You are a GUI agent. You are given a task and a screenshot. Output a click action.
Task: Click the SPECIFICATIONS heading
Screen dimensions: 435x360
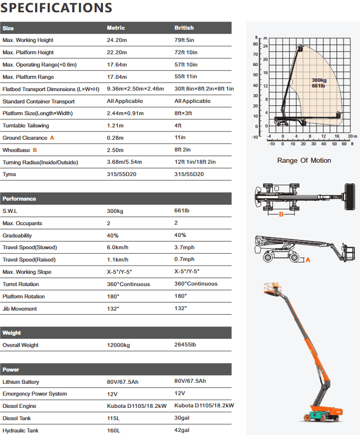57,8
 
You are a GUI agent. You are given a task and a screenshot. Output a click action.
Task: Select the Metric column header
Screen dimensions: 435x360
116,28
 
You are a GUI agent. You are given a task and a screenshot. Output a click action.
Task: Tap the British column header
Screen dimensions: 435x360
184,28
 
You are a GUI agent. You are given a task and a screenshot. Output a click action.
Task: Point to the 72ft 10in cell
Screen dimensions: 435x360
186,53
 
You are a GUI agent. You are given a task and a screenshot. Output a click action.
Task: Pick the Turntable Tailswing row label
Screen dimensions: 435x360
25,126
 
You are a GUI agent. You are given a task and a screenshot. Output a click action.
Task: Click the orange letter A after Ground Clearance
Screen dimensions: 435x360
52,138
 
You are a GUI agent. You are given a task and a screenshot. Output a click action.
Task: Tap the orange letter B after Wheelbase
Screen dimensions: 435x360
35,150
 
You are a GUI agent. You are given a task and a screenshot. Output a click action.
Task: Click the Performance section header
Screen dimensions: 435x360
19,199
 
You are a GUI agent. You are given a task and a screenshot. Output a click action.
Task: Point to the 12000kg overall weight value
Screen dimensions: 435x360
118,345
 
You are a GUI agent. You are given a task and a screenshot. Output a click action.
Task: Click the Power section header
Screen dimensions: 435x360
11,369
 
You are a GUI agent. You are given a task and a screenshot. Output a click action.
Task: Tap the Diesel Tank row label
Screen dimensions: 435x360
18,419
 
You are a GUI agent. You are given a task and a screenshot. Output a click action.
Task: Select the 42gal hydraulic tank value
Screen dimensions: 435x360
182,431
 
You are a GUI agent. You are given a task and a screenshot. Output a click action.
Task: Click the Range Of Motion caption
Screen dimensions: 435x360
304,161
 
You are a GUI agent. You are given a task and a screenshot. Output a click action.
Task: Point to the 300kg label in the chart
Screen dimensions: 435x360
319,80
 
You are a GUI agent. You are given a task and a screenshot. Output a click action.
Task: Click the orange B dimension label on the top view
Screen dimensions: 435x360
281,215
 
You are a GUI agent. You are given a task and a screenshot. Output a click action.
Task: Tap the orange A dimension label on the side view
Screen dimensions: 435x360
308,260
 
